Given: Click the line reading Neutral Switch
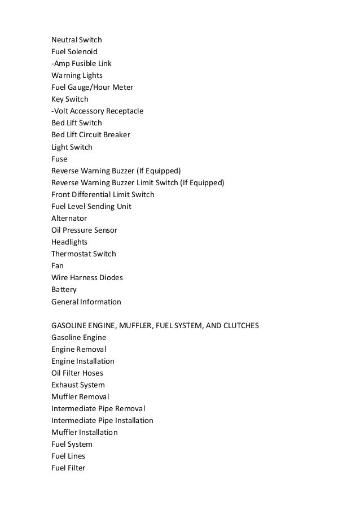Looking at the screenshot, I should (77, 40).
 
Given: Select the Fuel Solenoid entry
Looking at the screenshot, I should (74, 51).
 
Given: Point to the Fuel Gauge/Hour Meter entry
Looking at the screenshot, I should (92, 87).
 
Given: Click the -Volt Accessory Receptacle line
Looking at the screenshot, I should (97, 111).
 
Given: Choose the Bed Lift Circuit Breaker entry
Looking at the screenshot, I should (91, 135).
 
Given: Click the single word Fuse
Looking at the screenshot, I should (59, 159).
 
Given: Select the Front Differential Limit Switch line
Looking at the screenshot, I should (103, 194).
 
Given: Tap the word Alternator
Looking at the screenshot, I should (69, 218).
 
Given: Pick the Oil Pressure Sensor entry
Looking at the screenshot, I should (84, 230).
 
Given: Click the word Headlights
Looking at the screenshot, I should (69, 242).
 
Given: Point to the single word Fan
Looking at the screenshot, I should (58, 265).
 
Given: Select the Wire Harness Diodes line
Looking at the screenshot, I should (87, 277).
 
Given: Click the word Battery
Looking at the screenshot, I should (64, 290).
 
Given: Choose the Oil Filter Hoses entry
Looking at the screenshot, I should (77, 373).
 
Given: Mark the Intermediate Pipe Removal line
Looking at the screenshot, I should (98, 408).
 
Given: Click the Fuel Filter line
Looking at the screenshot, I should (68, 468).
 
